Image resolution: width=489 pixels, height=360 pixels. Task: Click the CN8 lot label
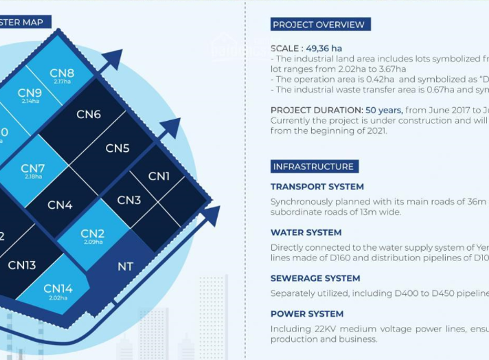pyautogui.click(x=62, y=73)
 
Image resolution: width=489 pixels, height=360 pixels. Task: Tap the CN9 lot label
pyautogui.click(x=30, y=93)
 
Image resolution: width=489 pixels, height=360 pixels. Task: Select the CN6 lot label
pyautogui.click(x=88, y=114)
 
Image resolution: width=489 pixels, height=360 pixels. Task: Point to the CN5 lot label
pyautogui.click(x=118, y=148)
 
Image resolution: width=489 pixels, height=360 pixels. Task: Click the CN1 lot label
pyautogui.click(x=159, y=176)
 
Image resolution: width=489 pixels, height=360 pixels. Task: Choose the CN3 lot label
pyautogui.click(x=129, y=200)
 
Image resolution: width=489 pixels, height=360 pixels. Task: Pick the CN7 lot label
pyautogui.click(x=33, y=169)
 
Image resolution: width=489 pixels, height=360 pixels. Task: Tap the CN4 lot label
pyautogui.click(x=60, y=205)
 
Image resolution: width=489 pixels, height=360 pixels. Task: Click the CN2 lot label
pyautogui.click(x=92, y=233)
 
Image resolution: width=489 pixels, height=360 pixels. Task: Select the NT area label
pyautogui.click(x=125, y=266)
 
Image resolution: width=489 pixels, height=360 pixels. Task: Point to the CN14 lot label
pyautogui.click(x=58, y=289)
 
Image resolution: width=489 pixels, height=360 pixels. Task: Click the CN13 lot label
pyautogui.click(x=22, y=265)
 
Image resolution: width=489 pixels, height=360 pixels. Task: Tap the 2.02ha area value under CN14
pyautogui.click(x=58, y=298)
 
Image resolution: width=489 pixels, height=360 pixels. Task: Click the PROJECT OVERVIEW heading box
pyautogui.click(x=318, y=25)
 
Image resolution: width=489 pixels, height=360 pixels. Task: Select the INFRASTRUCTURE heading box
pyautogui.click(x=313, y=166)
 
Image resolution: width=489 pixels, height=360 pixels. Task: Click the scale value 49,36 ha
pyautogui.click(x=324, y=48)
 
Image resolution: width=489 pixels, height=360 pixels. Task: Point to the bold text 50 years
pyautogui.click(x=385, y=110)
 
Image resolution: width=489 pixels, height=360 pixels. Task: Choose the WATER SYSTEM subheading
pyautogui.click(x=306, y=232)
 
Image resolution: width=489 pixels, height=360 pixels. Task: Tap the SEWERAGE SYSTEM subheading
pyautogui.click(x=315, y=278)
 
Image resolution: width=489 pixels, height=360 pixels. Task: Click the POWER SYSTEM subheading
pyautogui.click(x=307, y=313)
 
